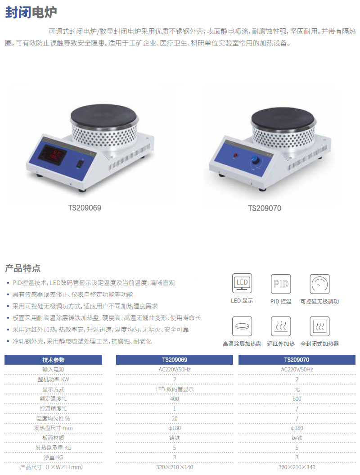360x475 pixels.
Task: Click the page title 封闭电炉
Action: click(x=31, y=12)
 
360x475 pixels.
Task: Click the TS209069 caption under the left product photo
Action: click(x=85, y=208)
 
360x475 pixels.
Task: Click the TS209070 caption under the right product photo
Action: click(x=265, y=208)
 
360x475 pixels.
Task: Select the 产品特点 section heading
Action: click(x=23, y=268)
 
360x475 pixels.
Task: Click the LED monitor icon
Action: click(x=242, y=283)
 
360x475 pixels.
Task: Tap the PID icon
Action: click(x=281, y=284)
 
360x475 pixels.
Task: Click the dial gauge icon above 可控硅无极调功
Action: click(x=319, y=284)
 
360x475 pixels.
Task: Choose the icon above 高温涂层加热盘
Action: click(x=242, y=326)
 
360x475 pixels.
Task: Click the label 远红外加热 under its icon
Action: click(x=281, y=344)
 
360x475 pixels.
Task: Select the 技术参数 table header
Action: click(x=53, y=360)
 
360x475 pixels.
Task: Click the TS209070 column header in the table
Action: click(x=297, y=360)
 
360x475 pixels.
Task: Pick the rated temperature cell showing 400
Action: click(x=175, y=398)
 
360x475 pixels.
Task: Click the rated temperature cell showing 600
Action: click(x=297, y=398)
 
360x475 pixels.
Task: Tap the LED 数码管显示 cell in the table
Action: click(x=175, y=389)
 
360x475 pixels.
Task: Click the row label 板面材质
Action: click(x=53, y=438)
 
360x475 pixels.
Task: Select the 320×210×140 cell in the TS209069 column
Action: click(x=175, y=467)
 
